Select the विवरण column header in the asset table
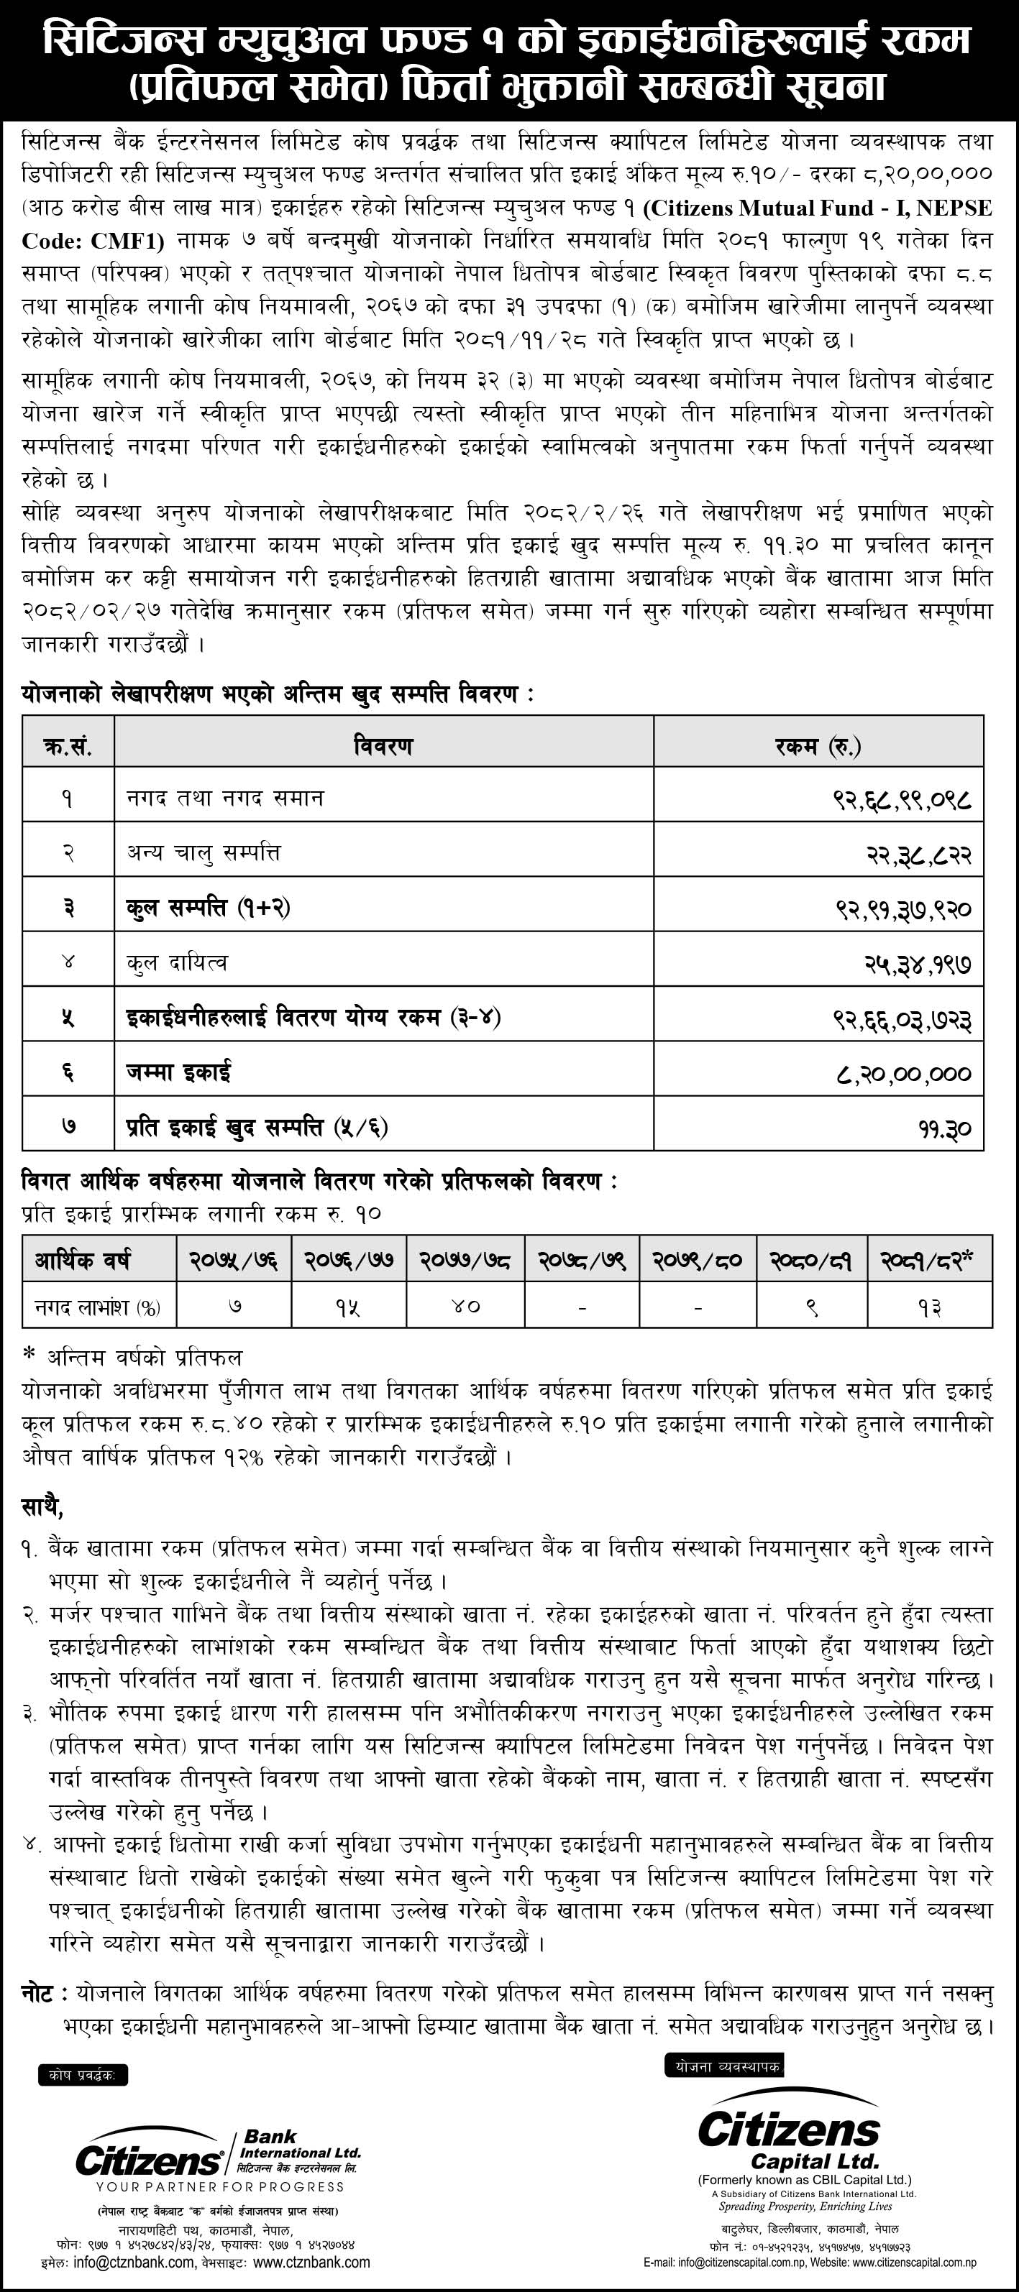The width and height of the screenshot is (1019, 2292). tap(383, 745)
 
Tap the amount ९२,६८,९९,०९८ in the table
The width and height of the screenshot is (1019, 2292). tap(903, 800)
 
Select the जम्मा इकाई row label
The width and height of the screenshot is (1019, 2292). tap(179, 1072)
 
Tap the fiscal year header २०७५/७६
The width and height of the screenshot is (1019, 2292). tap(233, 1259)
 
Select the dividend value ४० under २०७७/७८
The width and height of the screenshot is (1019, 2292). tap(464, 1306)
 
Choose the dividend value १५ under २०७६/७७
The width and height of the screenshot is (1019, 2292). tap(347, 1306)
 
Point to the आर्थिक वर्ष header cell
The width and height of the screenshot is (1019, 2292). tap(83, 1259)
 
